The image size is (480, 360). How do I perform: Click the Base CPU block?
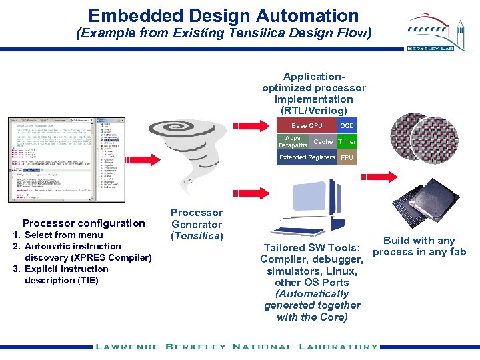point(307,126)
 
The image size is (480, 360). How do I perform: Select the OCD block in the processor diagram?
point(347,126)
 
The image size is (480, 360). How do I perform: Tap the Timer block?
point(347,142)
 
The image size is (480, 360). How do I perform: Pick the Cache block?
point(323,142)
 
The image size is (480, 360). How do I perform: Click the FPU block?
point(347,158)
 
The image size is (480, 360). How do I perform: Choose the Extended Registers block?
point(307,158)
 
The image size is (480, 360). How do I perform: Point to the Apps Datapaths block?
point(293,142)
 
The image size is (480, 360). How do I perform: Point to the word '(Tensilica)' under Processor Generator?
point(197,235)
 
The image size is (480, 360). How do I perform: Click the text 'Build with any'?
point(419,241)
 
